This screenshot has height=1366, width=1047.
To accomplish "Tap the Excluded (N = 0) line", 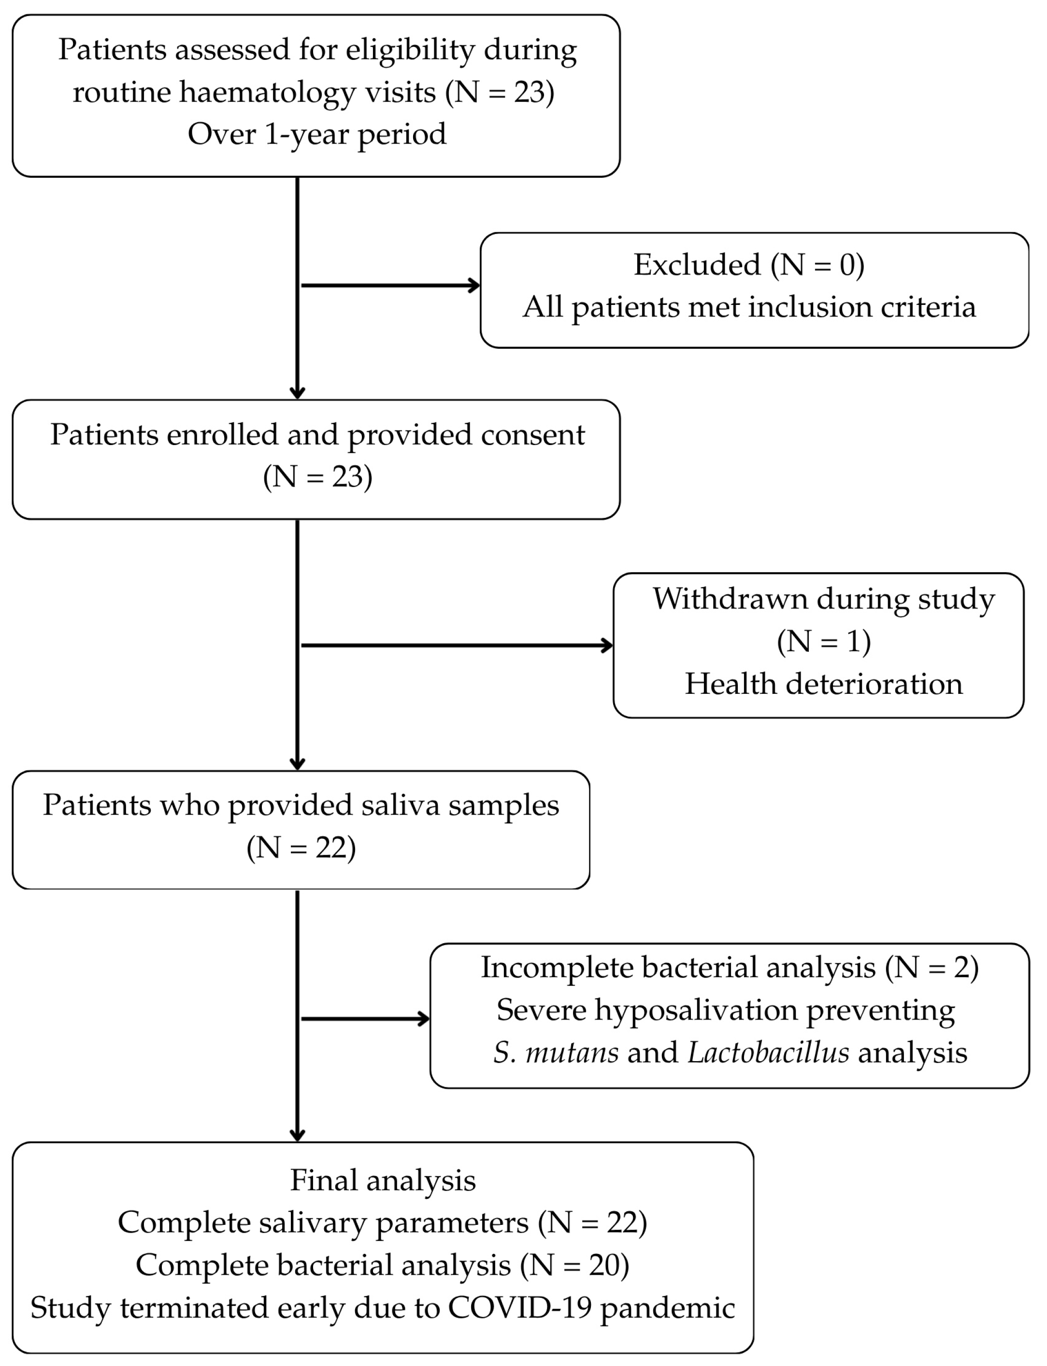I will pyautogui.click(x=748, y=265).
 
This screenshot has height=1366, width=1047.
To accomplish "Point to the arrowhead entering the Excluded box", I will pyautogui.click(x=474, y=286).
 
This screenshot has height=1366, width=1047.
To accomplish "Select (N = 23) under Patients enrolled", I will pyautogui.click(x=317, y=477).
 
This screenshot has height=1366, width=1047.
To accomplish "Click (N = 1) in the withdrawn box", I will pyautogui.click(x=823, y=642).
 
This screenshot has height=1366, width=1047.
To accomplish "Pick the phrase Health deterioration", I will pyautogui.click(x=823, y=684).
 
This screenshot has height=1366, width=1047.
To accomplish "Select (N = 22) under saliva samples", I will pyautogui.click(x=301, y=848).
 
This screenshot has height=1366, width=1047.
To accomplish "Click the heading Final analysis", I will pyautogui.click(x=383, y=1181).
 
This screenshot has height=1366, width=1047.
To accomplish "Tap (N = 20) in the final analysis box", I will pyautogui.click(x=574, y=1265).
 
